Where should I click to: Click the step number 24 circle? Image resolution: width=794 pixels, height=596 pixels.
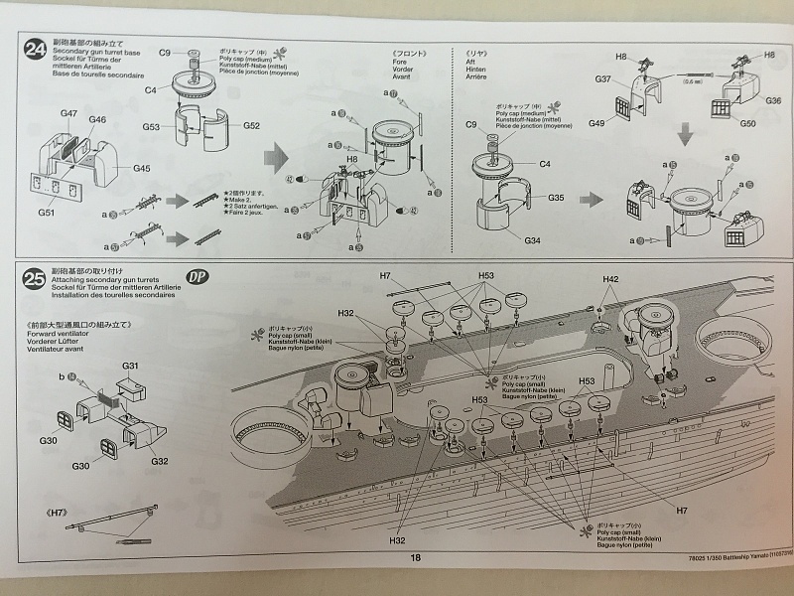pos(36,48)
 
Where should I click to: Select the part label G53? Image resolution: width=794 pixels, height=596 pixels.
pos(151,126)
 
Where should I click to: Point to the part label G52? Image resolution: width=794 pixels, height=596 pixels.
pos(252,126)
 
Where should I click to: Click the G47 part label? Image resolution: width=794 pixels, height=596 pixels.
pos(68,114)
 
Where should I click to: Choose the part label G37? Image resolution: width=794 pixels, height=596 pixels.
pos(602,78)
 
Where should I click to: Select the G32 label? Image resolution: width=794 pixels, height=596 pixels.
pos(160,461)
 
